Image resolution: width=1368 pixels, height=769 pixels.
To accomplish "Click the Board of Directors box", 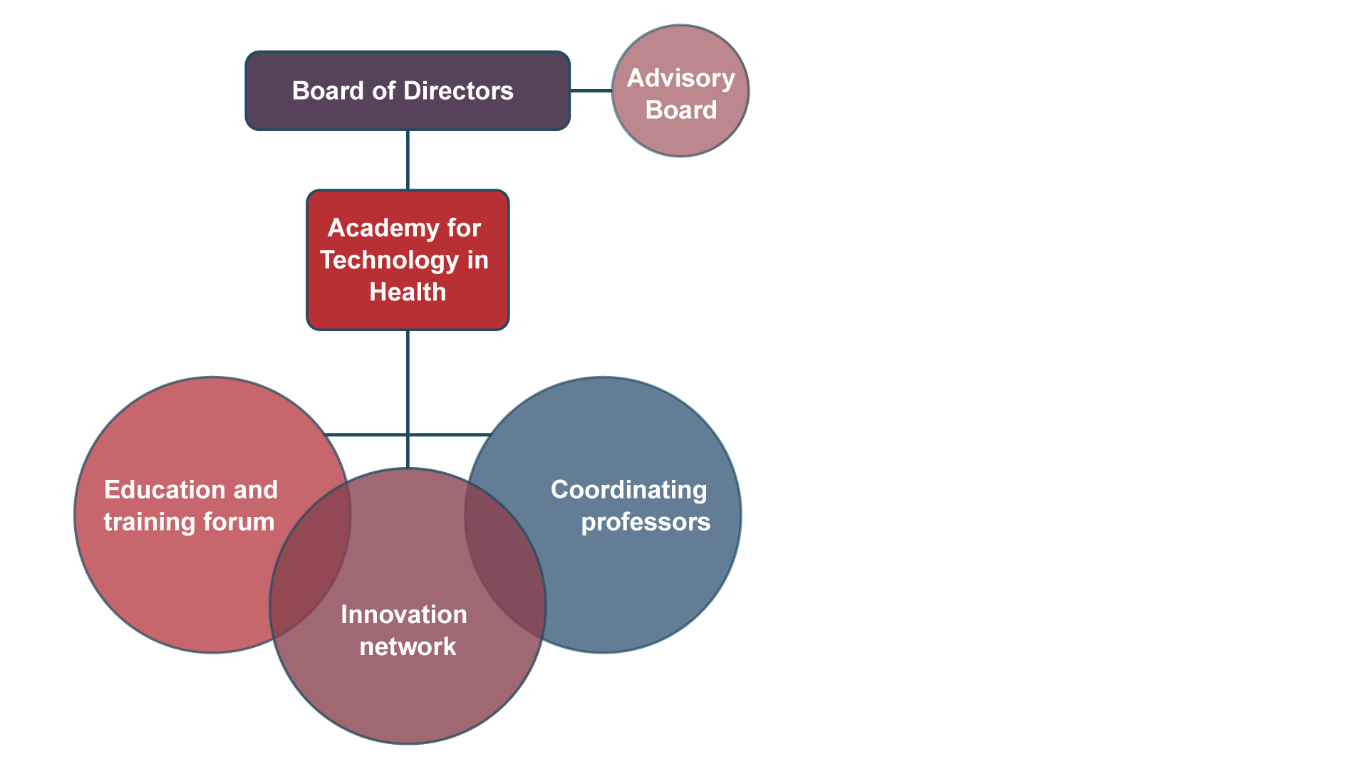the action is tap(408, 90).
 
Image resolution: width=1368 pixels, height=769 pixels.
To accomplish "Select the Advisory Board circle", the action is tap(680, 91).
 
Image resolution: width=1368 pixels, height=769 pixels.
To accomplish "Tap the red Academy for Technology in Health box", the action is tap(408, 260).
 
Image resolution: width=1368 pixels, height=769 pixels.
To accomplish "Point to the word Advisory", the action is tap(681, 78).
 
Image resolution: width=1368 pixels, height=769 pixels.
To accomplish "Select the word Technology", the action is tap(390, 261).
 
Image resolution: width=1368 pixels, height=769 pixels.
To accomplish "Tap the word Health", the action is tap(408, 292).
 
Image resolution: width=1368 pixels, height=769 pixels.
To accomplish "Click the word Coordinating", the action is tap(629, 491).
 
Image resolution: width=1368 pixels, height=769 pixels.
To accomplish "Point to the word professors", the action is tap(646, 523).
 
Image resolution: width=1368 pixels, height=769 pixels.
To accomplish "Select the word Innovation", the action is tap(404, 614).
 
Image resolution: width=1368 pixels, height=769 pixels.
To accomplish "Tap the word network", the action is tap(408, 647).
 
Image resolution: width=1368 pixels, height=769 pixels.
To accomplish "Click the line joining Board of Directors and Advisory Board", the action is tap(591, 90).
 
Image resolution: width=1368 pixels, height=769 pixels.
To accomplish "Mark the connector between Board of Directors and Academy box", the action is tap(408, 160).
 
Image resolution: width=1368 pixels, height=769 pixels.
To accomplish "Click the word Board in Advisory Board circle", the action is tap(681, 110).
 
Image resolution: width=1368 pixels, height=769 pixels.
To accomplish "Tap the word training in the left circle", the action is tap(150, 523).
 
